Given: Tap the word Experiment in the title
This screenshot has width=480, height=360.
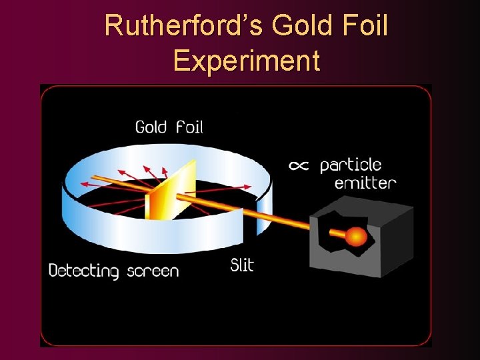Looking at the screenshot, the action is click(x=246, y=61).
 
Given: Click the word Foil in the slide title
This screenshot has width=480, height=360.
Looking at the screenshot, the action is click(x=364, y=27).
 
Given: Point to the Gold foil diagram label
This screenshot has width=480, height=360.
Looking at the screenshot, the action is click(x=169, y=126).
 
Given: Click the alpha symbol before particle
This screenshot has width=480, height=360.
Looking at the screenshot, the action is click(x=299, y=166).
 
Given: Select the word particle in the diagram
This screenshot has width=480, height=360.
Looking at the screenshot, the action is click(x=351, y=166).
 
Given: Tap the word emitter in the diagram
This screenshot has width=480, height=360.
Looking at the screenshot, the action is click(x=365, y=183).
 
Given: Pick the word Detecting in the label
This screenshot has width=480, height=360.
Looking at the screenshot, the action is click(x=83, y=271).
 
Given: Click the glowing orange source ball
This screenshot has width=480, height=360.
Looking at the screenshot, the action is click(x=356, y=237).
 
